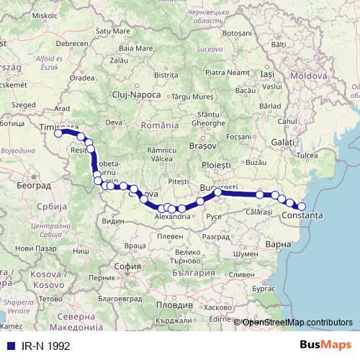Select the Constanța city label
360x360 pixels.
pyautogui.click(x=303, y=215)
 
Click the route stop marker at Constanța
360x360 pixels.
pyautogui.click(x=302, y=207)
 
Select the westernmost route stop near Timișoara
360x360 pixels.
pyautogui.click(x=58, y=133)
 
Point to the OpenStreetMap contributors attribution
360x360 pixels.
pyautogui.click(x=297, y=323)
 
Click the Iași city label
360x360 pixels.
pyautogui.click(x=267, y=74)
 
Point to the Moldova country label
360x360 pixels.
pyautogui.click(x=310, y=76)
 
